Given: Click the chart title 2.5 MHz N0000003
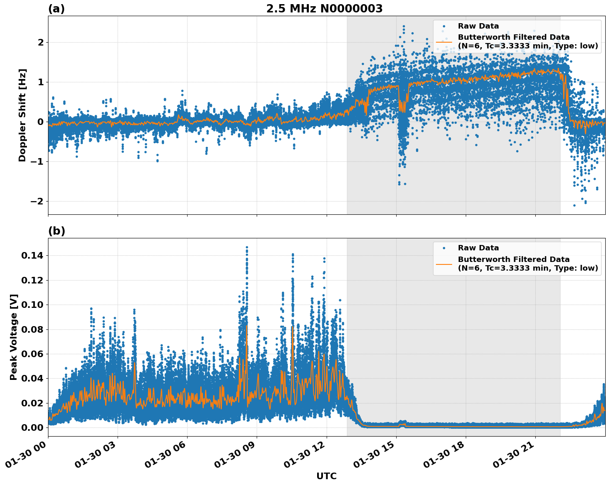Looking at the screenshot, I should point(324,9).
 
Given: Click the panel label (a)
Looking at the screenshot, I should point(56,9).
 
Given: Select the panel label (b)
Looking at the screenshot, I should point(56,231).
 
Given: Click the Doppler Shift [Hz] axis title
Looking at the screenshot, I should point(22,115).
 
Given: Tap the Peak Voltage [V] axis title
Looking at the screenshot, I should point(14,337).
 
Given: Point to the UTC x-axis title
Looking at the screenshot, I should point(326,476).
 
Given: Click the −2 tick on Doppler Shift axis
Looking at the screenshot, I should point(37,201).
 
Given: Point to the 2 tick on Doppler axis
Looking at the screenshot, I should point(41,42).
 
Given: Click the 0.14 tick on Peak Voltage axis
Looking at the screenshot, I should point(32,256).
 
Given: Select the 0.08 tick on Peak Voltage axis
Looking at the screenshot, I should point(32,329).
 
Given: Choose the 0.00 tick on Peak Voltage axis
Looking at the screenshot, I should point(32,427).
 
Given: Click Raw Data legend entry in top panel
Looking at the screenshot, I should point(478,26).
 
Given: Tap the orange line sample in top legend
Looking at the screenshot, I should point(444,41).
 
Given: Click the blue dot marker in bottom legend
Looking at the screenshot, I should point(444,248).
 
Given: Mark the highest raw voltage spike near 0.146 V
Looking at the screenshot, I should point(247,247).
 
